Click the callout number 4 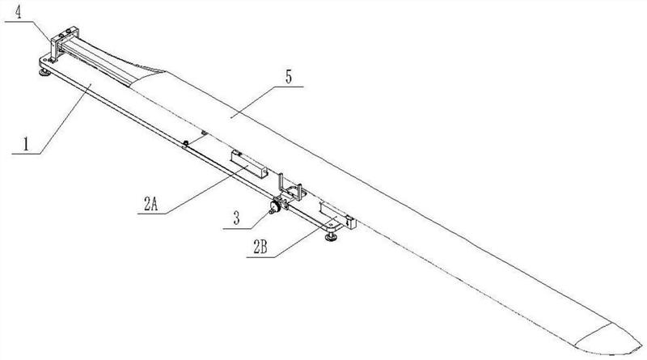click(x=18, y=12)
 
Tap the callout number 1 click(x=26, y=145)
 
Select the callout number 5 click(x=289, y=77)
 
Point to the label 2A click(x=150, y=204)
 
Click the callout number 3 click(x=236, y=218)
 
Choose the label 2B click(x=260, y=248)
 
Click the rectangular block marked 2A click(x=249, y=164)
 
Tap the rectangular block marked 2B click(x=337, y=214)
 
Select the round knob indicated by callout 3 click(x=274, y=206)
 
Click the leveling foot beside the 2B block click(x=330, y=237)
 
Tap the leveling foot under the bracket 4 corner click(x=44, y=73)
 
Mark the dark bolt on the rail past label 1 click(x=186, y=143)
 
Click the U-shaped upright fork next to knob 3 click(x=290, y=188)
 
